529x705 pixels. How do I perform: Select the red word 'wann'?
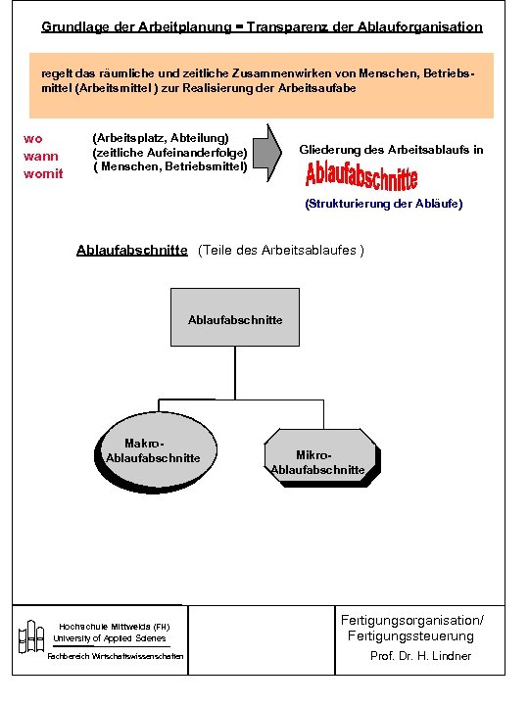pos(40,156)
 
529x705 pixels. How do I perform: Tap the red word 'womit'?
pos(43,173)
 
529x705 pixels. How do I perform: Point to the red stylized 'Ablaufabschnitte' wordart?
pos(361,176)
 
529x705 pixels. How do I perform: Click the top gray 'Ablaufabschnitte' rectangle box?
pos(235,318)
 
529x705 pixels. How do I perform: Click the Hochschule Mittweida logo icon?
pos(31,636)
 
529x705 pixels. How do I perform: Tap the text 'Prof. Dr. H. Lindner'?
pos(420,656)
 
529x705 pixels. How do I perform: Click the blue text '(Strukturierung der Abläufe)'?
pos(384,204)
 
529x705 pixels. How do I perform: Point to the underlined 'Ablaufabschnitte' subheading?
pos(131,250)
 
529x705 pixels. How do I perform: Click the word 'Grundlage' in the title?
pos(72,26)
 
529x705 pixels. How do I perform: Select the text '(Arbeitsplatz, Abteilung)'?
pos(160,138)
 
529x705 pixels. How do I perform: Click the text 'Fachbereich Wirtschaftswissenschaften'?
pos(115,656)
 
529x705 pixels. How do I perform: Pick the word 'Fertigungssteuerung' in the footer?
pos(410,636)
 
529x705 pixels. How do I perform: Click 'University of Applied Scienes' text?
pos(109,637)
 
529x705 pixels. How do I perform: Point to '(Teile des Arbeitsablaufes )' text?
pos(281,250)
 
